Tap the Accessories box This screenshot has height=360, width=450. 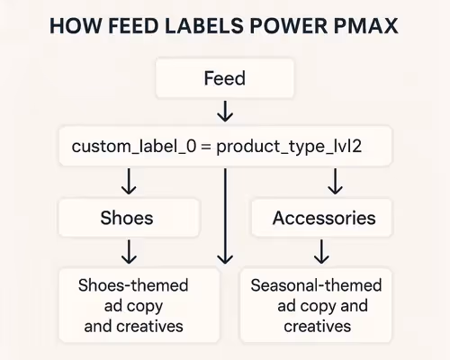[324, 219]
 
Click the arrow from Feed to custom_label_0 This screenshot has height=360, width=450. [224, 112]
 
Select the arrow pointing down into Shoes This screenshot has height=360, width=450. [128, 183]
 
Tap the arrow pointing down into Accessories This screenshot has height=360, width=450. [335, 183]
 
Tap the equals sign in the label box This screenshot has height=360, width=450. [204, 146]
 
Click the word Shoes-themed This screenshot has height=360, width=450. [133, 286]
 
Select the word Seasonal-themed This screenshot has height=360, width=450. [317, 286]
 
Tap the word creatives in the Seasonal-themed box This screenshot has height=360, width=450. [317, 326]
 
